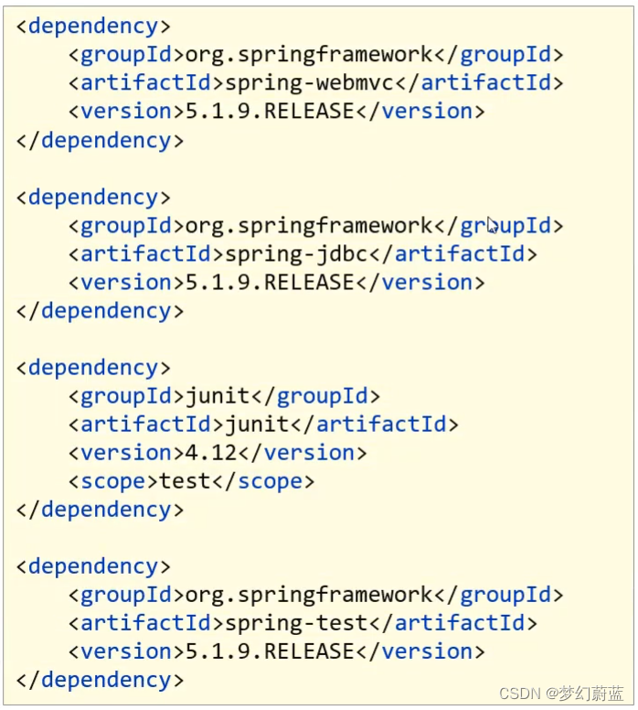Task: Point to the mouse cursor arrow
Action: (492, 224)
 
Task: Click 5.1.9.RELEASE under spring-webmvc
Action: (269, 111)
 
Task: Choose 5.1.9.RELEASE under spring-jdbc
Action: (269, 282)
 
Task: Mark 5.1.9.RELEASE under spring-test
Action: (269, 651)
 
